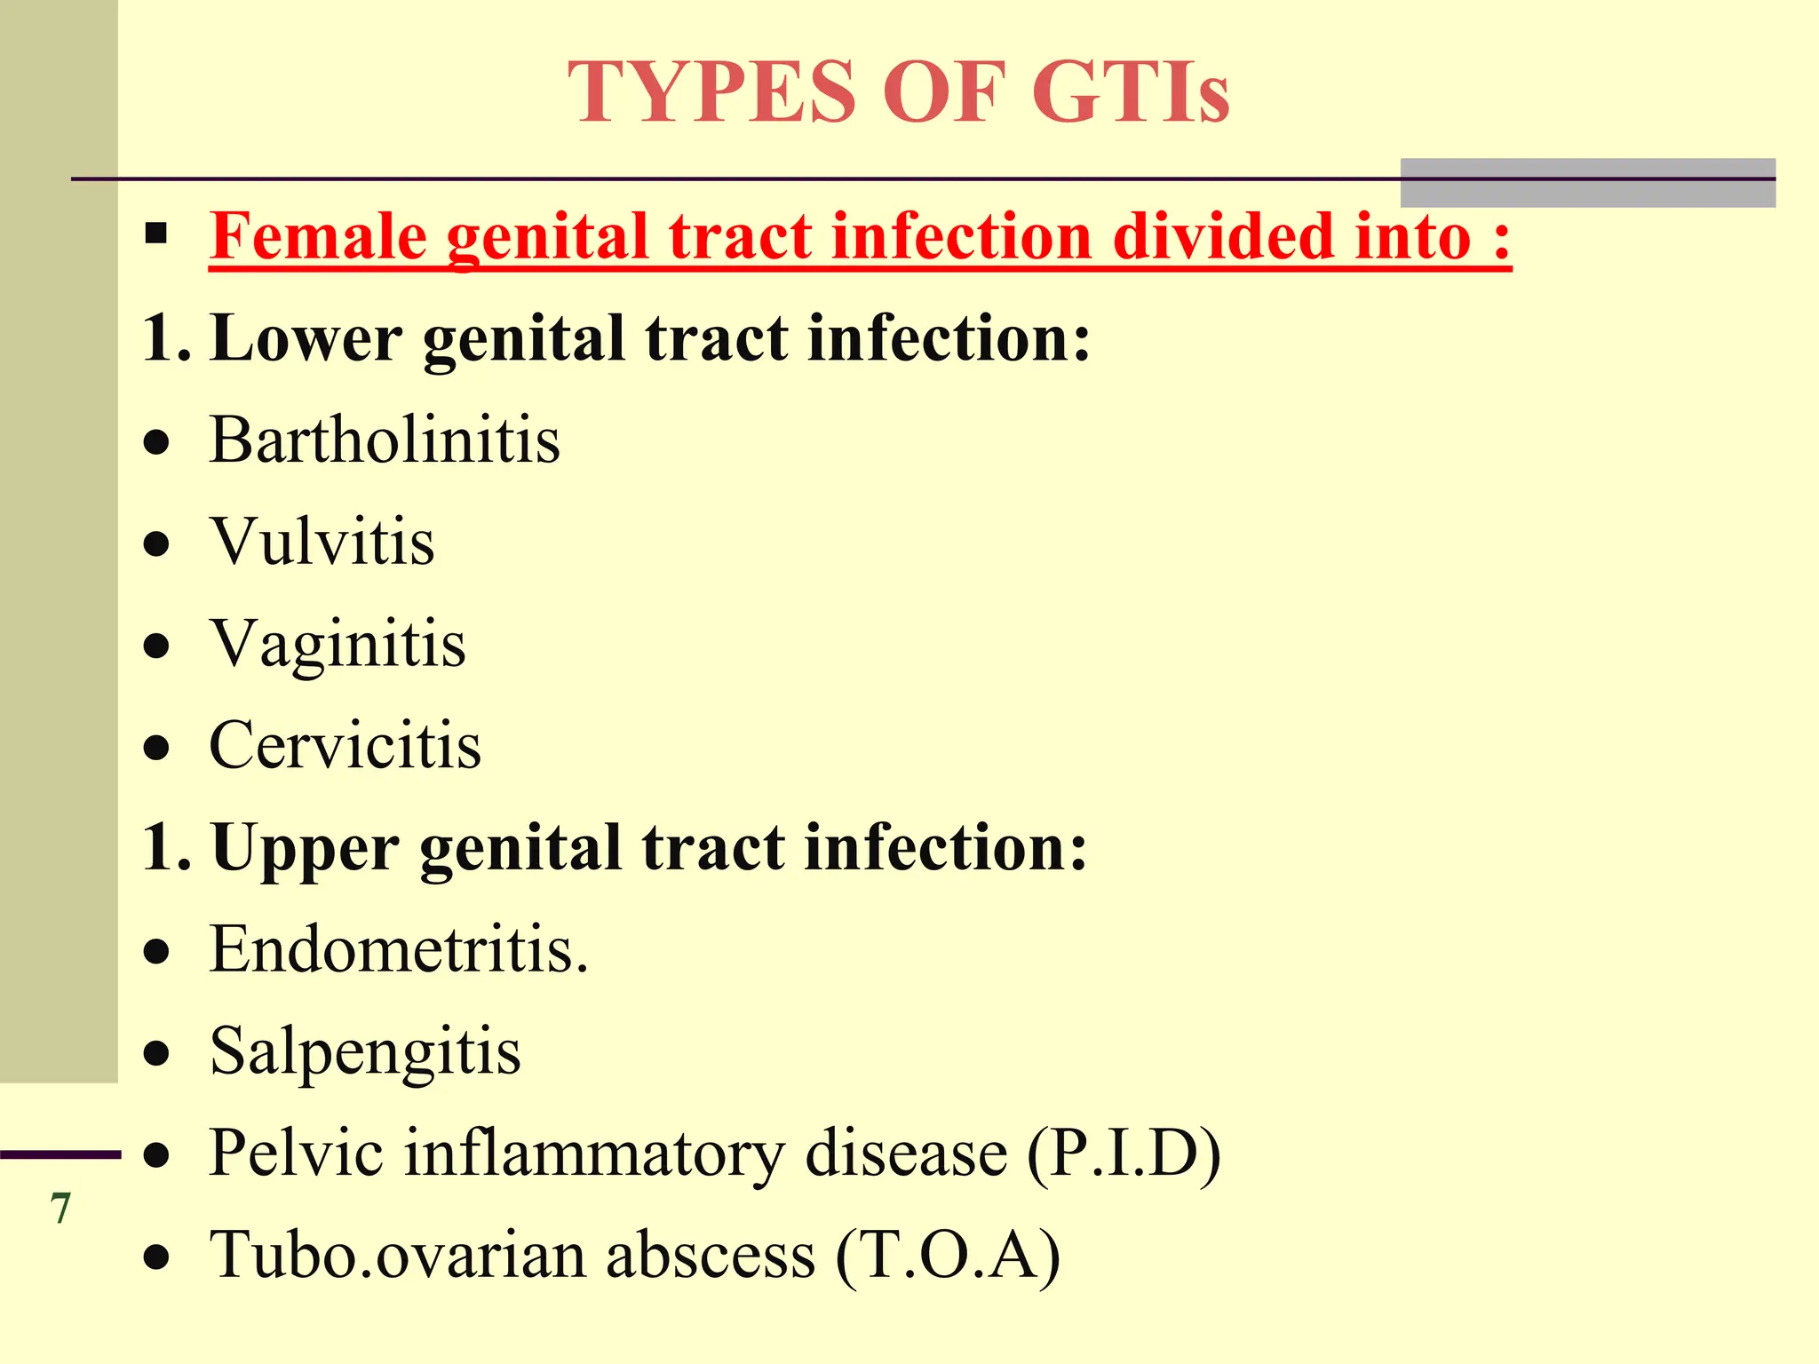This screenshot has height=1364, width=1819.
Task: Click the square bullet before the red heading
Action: [x=156, y=234]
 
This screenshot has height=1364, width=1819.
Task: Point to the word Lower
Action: [x=306, y=338]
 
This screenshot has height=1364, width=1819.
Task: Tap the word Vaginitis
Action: [x=338, y=644]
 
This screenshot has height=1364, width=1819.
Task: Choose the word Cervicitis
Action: [x=345, y=745]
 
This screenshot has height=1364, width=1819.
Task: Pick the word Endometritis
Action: [x=398, y=949]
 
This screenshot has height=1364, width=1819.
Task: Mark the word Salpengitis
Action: [x=365, y=1052]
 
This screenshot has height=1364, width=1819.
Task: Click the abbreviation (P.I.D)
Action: [x=1124, y=1154]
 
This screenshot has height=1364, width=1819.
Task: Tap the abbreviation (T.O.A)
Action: [x=948, y=1256]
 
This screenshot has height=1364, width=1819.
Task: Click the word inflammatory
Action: [x=595, y=1154]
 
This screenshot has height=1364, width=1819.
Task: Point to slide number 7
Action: [x=60, y=1209]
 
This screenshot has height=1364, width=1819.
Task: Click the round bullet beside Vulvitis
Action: [x=156, y=543]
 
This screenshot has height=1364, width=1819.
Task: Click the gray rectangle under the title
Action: [x=1587, y=183]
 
